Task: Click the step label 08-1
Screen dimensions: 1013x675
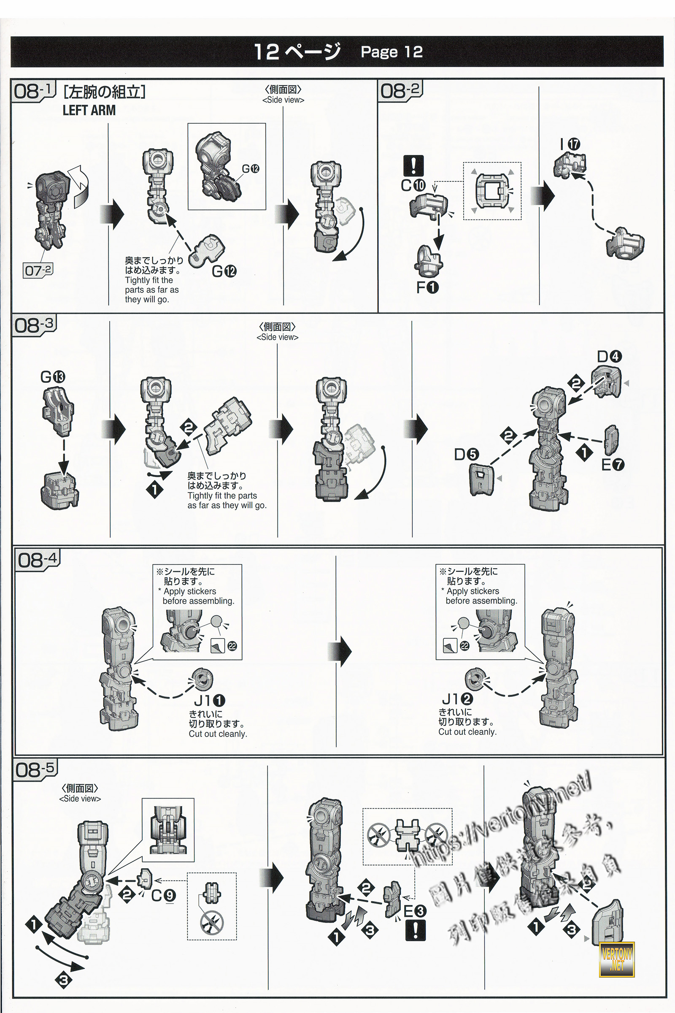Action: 33,91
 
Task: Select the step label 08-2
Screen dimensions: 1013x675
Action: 400,91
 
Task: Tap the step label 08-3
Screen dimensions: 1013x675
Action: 34,325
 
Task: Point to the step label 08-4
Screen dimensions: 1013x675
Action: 38,560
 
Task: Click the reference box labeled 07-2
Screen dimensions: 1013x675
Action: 38,271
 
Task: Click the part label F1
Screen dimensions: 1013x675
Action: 427,287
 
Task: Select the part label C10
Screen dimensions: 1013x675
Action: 413,185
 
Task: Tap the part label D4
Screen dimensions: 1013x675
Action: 609,357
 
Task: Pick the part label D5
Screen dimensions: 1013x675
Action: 466,454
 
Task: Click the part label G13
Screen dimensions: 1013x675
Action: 52,377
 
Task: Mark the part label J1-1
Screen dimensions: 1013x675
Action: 210,700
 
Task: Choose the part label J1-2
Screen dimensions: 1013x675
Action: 457,699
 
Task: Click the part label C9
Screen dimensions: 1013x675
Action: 164,895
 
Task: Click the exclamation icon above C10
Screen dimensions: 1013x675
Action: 413,165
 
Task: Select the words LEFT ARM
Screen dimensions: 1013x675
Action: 89,110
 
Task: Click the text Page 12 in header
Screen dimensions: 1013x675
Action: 391,51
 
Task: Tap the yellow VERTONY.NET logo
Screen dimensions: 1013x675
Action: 616,959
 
